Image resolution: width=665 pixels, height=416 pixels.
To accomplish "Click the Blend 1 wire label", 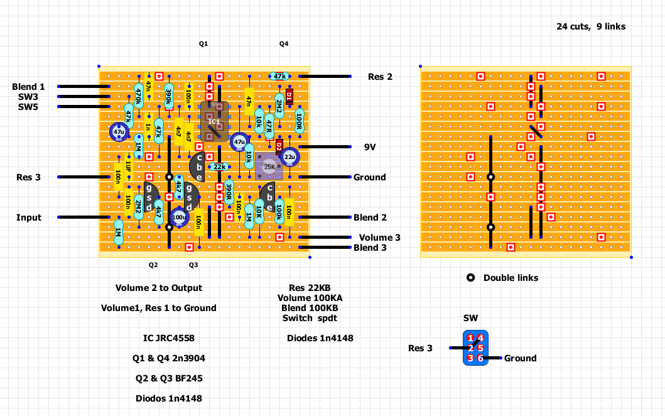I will [x=29, y=87].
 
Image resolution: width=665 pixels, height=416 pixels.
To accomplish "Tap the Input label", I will [x=29, y=217].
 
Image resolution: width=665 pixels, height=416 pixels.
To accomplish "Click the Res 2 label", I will [x=380, y=77].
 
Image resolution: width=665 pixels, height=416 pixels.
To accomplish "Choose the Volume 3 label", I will [x=379, y=238].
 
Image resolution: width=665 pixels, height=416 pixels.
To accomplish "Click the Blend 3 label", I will [x=370, y=248].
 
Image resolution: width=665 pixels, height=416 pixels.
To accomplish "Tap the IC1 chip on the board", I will [x=214, y=121].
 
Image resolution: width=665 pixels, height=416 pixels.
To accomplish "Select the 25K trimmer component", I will [x=269, y=167].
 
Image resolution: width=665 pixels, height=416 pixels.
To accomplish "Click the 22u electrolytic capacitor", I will [x=289, y=156].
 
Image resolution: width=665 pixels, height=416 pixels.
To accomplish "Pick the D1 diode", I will [x=289, y=97].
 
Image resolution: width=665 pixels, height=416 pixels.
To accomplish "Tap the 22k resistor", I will [x=219, y=167].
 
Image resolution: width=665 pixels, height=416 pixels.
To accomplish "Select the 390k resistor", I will [x=169, y=97].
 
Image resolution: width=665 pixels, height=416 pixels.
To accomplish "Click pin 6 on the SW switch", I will [x=480, y=358].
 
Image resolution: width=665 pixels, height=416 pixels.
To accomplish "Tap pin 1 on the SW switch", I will [x=470, y=338].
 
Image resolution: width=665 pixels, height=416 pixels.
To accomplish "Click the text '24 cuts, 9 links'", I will [x=590, y=26].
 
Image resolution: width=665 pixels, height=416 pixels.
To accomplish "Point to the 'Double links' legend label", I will [x=511, y=278].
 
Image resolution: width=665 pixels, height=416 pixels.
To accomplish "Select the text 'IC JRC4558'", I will [x=169, y=338].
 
